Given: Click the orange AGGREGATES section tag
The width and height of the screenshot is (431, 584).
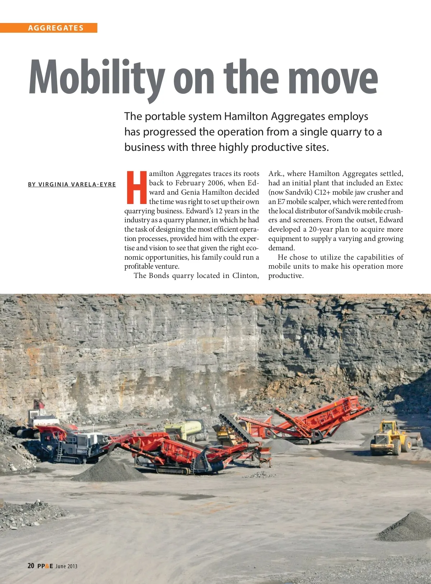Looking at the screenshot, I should click(x=56, y=28).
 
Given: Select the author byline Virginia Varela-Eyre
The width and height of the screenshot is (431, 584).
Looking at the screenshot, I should click(x=72, y=185).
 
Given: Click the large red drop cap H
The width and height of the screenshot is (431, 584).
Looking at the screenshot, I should click(x=136, y=187).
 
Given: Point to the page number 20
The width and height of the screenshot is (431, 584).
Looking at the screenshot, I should click(x=31, y=566).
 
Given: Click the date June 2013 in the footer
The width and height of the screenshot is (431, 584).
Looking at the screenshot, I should click(x=66, y=566).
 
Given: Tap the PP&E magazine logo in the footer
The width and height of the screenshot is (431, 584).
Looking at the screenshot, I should click(x=45, y=566).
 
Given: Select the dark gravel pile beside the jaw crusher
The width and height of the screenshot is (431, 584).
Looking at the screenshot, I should click(x=108, y=469).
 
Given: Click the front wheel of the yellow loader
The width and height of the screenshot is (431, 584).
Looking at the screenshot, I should click(x=396, y=448).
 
